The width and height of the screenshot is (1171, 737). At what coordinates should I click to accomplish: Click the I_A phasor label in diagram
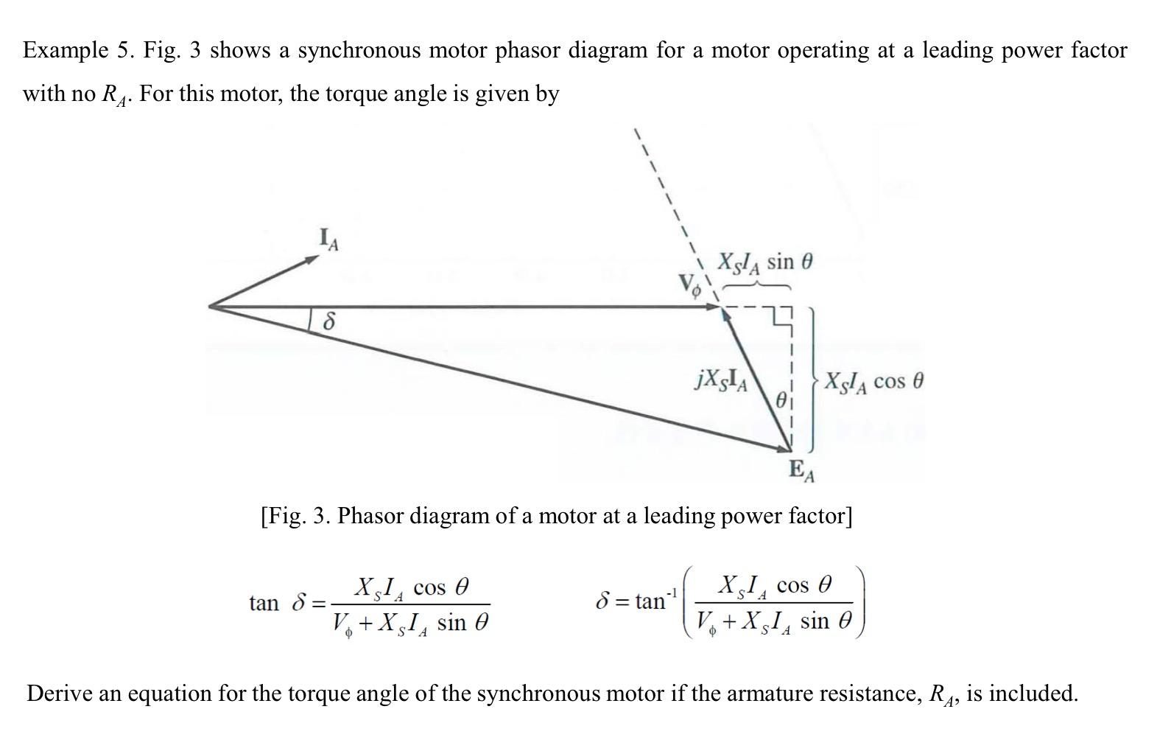tap(328, 240)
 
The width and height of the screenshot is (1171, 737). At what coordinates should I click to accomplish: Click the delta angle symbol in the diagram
tap(329, 321)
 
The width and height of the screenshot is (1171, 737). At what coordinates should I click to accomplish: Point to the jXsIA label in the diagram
tap(722, 380)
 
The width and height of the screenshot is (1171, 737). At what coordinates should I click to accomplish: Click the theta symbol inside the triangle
tap(781, 400)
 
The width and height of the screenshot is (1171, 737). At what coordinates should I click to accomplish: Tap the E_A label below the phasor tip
tap(801, 470)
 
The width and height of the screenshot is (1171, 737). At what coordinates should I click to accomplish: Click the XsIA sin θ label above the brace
tap(765, 262)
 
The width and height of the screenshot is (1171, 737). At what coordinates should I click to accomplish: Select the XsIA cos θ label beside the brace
tap(873, 382)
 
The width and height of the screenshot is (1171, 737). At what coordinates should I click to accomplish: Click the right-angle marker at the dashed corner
tap(781, 318)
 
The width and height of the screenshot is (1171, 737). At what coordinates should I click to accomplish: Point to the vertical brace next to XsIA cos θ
tap(813, 380)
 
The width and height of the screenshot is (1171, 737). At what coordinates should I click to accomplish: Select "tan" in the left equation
tap(264, 603)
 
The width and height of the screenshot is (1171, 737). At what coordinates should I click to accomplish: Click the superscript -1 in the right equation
tap(671, 593)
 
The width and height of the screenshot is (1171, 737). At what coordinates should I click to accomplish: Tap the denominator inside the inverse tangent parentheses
tap(773, 621)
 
